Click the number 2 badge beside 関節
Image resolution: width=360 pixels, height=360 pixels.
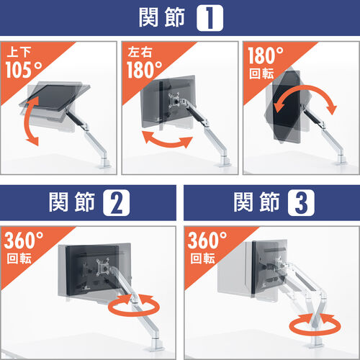116,203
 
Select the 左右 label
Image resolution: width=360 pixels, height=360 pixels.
138,52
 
